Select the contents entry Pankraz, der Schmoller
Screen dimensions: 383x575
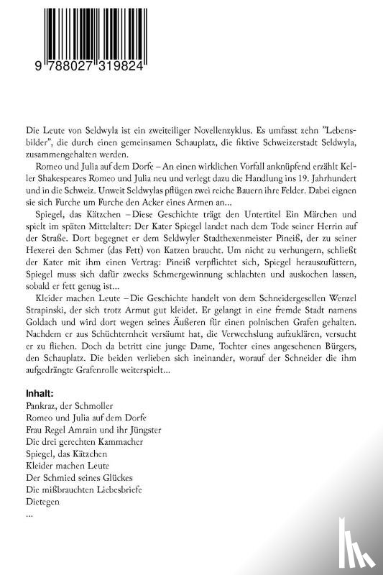point(63,406)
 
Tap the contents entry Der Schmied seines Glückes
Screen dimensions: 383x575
point(73,478)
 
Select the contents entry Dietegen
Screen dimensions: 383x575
point(41,502)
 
